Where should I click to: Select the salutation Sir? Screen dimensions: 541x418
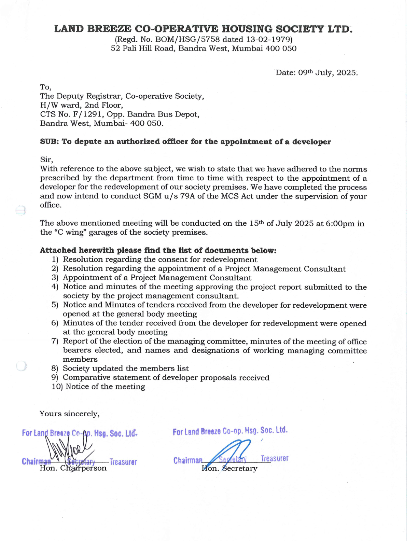click(x=46, y=159)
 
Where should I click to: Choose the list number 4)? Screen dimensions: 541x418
click(x=55, y=287)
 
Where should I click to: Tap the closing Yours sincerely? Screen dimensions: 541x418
click(x=69, y=414)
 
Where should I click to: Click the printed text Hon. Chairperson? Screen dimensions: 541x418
click(x=73, y=468)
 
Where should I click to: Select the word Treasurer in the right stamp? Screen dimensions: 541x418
click(x=275, y=458)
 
